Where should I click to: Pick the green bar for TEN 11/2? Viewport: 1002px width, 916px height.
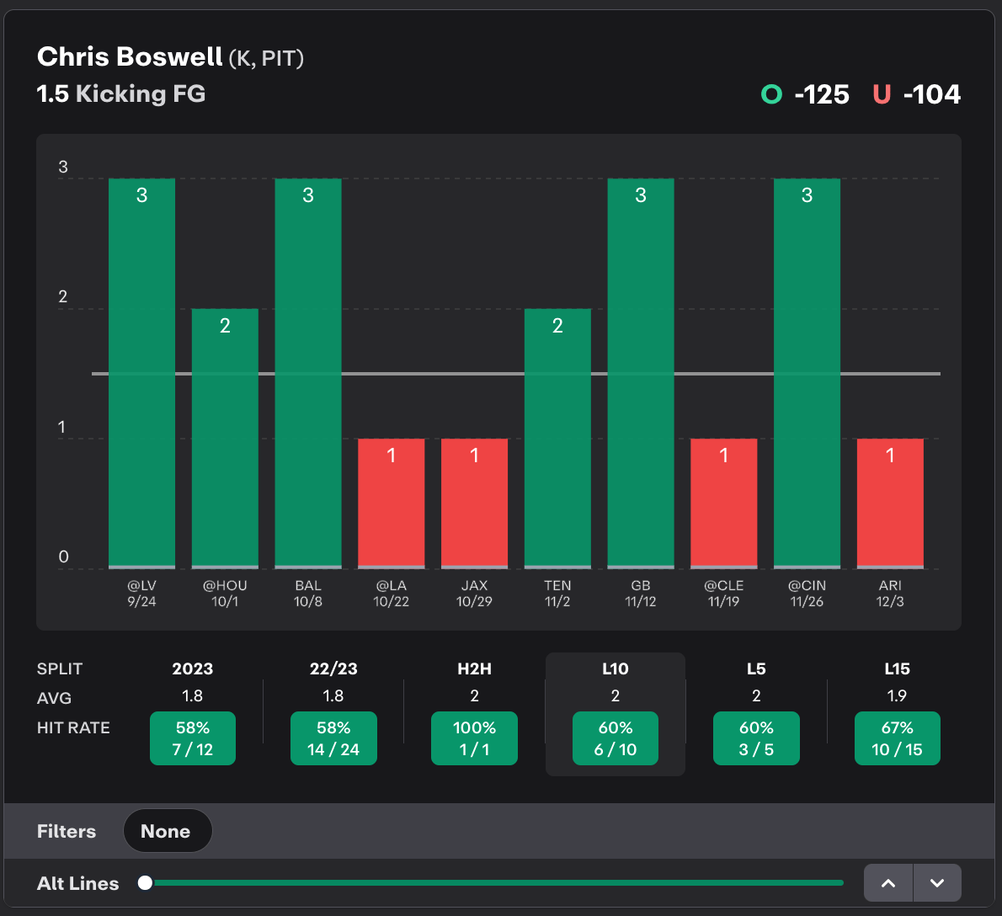[x=557, y=438]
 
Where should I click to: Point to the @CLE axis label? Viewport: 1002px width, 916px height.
[x=723, y=586]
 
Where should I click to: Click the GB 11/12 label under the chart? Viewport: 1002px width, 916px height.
[x=640, y=594]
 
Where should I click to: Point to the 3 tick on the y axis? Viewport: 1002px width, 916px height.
[x=63, y=167]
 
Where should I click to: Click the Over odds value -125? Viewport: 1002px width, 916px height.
[x=821, y=94]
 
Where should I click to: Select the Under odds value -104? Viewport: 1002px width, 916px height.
[x=931, y=94]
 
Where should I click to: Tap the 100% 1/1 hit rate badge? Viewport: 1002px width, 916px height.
[x=474, y=738]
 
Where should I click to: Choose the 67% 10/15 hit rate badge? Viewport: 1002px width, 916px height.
[x=897, y=738]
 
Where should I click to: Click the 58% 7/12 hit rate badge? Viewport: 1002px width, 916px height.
[x=193, y=738]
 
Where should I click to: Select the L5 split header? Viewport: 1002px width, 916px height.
[x=756, y=668]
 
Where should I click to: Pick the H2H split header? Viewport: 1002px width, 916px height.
[x=474, y=668]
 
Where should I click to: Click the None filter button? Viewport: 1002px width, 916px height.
[x=167, y=831]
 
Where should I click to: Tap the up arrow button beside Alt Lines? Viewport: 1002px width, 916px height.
[x=888, y=883]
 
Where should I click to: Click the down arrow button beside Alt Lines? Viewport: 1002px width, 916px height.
[x=937, y=883]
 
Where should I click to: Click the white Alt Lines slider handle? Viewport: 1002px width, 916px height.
[x=146, y=882]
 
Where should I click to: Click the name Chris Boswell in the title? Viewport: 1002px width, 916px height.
[x=130, y=56]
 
